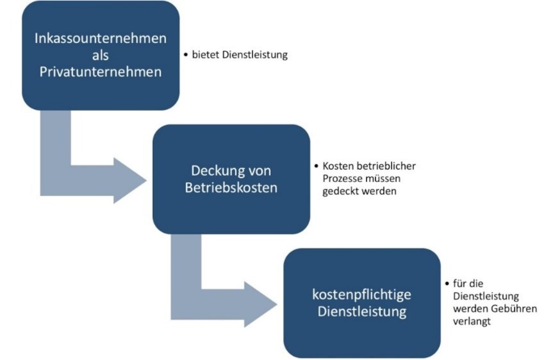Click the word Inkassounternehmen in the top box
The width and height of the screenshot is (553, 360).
[100, 39]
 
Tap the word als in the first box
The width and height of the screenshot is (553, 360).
[100, 55]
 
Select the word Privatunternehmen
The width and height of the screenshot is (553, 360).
[100, 72]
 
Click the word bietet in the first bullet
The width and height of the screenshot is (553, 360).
[206, 55]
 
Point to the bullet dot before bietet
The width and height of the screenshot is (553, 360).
[186, 55]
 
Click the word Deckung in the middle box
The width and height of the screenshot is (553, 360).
[216, 171]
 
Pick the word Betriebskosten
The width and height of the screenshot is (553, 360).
[231, 188]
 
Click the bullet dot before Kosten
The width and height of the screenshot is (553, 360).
[316, 166]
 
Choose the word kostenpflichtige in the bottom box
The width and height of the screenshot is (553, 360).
[362, 295]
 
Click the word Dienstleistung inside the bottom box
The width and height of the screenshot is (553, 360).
[362, 312]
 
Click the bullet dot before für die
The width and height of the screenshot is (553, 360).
[447, 283]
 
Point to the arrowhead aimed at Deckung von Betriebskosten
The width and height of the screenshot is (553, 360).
[130, 181]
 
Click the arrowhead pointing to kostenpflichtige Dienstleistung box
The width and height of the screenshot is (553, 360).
[260, 304]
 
